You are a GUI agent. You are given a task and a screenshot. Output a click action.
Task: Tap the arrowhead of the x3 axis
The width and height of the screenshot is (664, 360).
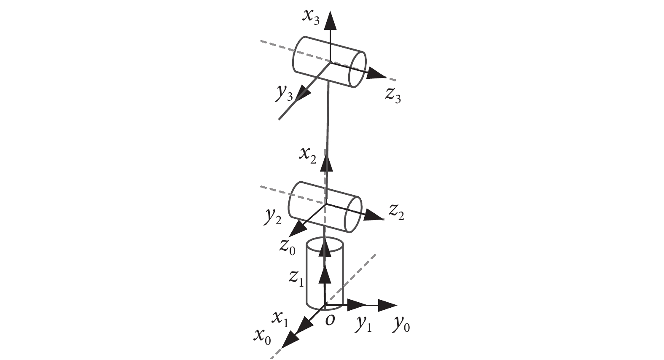(330, 20)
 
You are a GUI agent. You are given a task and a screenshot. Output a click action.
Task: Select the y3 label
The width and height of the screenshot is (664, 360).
(284, 93)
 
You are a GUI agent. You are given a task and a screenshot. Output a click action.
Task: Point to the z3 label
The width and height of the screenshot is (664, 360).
(393, 96)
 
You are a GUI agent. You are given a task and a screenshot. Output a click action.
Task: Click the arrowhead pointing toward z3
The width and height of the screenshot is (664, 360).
(376, 74)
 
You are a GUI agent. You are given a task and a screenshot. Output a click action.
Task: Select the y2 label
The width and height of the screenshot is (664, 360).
(272, 217)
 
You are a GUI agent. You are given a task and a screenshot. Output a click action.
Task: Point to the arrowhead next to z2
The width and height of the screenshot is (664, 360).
(374, 215)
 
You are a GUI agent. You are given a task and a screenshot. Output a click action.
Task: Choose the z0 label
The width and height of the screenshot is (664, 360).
(288, 247)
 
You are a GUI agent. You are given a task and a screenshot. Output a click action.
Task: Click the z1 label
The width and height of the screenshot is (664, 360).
(296, 279)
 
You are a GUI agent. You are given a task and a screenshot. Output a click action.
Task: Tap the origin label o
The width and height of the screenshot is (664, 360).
(330, 320)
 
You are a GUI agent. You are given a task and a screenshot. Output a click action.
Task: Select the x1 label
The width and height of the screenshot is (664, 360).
(280, 320)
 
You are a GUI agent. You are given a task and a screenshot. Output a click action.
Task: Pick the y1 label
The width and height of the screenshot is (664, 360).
(363, 325)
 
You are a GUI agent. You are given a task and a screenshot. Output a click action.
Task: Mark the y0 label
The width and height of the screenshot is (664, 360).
(402, 325)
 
